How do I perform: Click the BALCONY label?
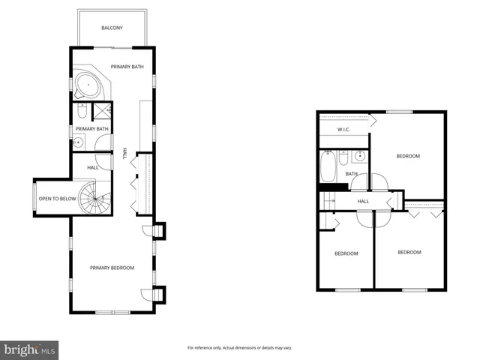tap(112, 28)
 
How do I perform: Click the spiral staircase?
tap(96, 200)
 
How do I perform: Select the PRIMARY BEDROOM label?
tap(112, 268)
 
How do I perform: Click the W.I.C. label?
tap(344, 130)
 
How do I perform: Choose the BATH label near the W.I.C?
tap(351, 174)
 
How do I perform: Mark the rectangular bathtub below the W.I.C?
tap(328, 167)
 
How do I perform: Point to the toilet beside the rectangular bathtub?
tap(343, 157)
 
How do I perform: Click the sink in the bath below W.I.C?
tap(359, 157)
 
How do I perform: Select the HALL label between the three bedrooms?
tap(363, 201)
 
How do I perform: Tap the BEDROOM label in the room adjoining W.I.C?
tap(408, 156)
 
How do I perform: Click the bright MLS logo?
tap(29, 349)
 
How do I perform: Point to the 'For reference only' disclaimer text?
tap(239, 348)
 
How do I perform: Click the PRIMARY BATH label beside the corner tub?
tap(127, 67)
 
